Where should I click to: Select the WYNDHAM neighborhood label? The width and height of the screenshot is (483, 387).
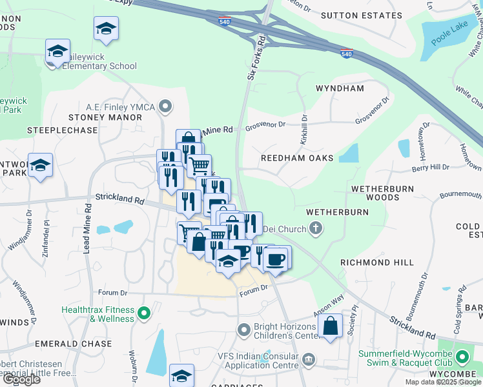340,88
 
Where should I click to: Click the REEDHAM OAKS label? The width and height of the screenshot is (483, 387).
297,158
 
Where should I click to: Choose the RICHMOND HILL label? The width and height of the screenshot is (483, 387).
377,263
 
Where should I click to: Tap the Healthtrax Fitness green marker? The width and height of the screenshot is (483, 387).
144,314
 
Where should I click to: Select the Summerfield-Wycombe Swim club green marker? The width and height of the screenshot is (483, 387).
462,356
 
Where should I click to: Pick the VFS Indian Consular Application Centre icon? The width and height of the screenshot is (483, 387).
309,359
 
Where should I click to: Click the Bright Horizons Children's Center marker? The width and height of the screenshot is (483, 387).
244,330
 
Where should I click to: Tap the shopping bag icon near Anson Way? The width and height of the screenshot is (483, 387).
331,325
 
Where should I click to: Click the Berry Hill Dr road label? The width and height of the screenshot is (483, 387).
430,168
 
